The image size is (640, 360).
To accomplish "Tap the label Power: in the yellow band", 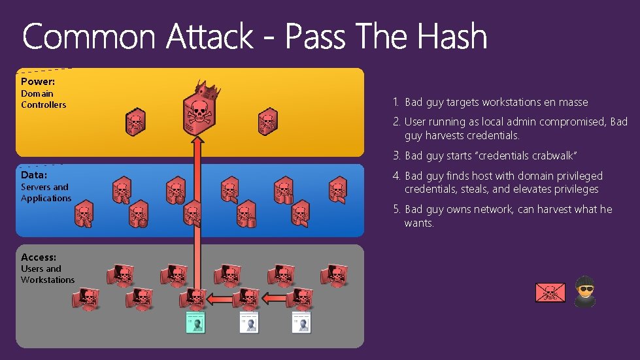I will click(38, 82).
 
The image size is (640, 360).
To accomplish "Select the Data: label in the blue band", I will click(34, 175).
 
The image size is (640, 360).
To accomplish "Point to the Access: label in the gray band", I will click(39, 257).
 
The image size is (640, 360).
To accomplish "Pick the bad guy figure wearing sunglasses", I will click(584, 291).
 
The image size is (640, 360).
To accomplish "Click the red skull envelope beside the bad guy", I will click(550, 293).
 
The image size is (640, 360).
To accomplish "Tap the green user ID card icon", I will click(195, 321).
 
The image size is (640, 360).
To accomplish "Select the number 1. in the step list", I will click(396, 102).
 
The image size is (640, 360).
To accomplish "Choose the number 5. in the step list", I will click(396, 210).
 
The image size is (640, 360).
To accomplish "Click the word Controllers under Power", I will click(43, 105).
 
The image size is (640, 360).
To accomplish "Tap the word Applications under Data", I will click(46, 198).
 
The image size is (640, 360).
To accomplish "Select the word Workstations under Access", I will click(48, 280).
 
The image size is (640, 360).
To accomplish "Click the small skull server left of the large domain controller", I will click(135, 122).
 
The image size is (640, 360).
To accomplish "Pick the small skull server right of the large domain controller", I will click(267, 122).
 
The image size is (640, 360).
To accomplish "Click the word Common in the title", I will click(90, 36).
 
